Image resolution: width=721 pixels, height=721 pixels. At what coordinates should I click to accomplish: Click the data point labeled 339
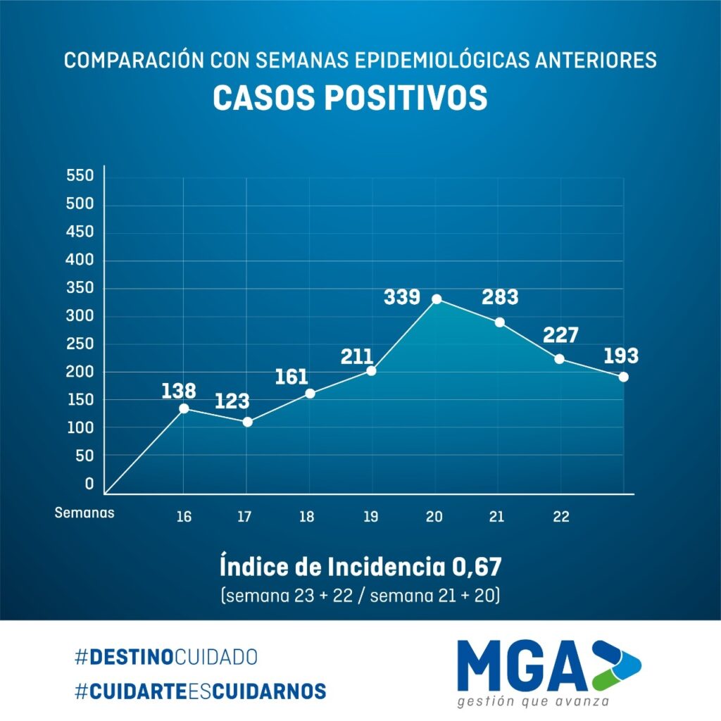(x=437, y=299)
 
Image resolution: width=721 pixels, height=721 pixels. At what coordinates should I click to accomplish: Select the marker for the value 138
(x=184, y=408)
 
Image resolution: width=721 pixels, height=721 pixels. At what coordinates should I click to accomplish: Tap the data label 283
(x=500, y=297)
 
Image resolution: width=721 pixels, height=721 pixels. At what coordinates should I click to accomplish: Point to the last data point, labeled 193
(x=623, y=377)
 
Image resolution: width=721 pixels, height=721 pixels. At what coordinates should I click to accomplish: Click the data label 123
(x=232, y=401)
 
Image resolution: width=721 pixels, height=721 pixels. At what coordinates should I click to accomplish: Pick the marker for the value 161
(x=310, y=394)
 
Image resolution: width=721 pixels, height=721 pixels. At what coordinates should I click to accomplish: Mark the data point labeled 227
(x=559, y=359)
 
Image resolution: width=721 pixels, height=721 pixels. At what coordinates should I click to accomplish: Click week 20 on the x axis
(x=434, y=517)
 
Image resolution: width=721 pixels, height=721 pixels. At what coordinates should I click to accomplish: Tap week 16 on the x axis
(x=184, y=517)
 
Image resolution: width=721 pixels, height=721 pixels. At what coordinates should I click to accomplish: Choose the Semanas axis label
(x=84, y=513)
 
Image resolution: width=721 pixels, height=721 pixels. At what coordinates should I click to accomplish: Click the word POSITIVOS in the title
(x=406, y=99)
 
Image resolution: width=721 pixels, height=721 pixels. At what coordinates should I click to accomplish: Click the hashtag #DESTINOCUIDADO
(x=166, y=658)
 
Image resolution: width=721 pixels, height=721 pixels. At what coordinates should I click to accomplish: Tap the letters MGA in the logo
(x=521, y=665)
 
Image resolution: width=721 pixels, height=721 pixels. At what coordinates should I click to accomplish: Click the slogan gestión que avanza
(x=533, y=702)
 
